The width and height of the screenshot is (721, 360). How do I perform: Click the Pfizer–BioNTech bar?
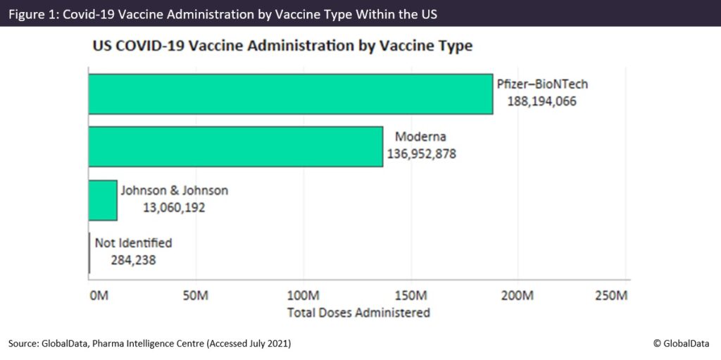click(x=290, y=94)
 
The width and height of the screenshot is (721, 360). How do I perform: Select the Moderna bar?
click(x=235, y=147)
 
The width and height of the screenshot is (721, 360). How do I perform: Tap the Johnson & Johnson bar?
click(x=103, y=200)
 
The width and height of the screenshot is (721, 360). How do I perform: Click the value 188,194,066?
click(x=542, y=101)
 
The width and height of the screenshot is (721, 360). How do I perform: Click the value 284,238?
click(x=133, y=260)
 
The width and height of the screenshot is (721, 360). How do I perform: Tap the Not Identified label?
click(x=133, y=243)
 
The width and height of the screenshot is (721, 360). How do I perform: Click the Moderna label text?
click(x=421, y=136)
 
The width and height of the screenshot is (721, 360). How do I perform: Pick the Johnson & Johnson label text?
click(x=175, y=190)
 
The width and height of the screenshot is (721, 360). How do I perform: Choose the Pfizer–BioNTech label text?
click(x=542, y=84)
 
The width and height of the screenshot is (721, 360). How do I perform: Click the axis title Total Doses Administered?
click(x=358, y=312)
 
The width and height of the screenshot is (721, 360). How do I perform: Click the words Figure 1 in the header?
click(x=32, y=13)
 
